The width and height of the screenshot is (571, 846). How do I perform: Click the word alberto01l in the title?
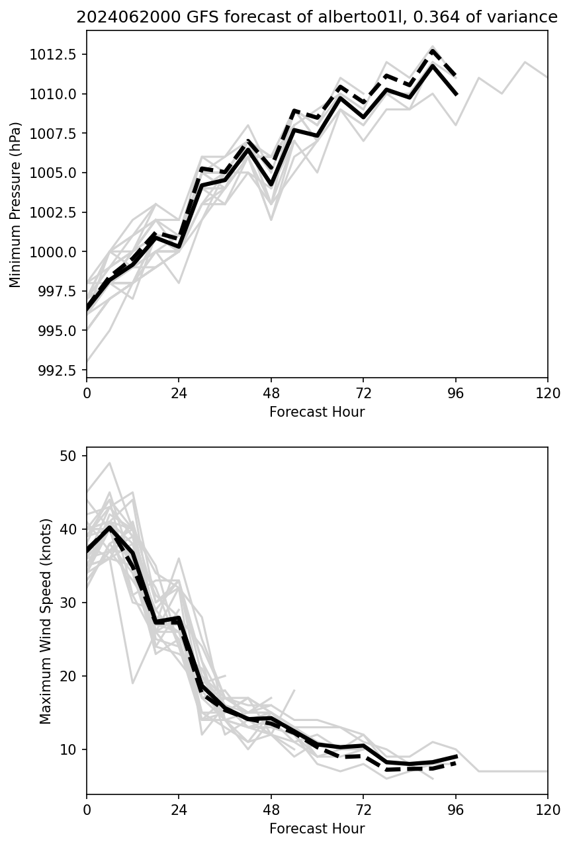(351, 17)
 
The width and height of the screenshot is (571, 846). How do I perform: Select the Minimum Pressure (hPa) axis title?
(16, 204)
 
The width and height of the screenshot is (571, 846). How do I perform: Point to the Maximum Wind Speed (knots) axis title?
(45, 621)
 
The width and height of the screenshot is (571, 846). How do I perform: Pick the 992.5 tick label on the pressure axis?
(57, 370)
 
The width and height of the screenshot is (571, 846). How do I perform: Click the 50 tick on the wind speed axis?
(72, 456)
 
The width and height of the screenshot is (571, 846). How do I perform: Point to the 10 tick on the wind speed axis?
(72, 749)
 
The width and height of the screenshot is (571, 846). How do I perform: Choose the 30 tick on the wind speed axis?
(72, 603)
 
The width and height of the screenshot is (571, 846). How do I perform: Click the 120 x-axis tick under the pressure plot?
(547, 394)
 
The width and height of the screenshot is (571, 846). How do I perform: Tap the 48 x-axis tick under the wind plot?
(271, 810)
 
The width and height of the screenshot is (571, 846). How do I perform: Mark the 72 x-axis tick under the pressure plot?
(363, 394)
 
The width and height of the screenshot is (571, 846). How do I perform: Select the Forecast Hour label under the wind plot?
(317, 828)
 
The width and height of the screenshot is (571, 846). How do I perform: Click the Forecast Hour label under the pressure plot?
(317, 412)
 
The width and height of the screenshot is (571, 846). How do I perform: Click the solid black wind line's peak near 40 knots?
(110, 527)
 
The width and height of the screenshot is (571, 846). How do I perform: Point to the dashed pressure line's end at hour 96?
(456, 76)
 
